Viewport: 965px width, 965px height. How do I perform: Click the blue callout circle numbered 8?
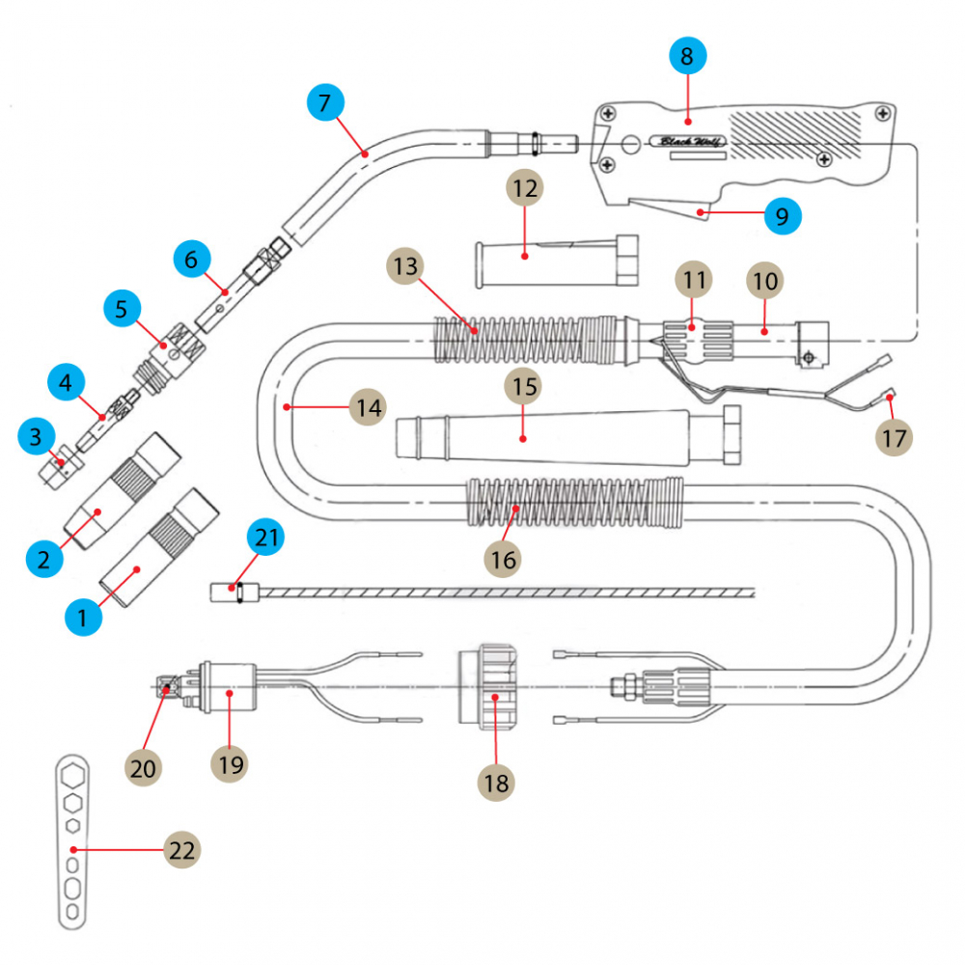pyautogui.click(x=687, y=57)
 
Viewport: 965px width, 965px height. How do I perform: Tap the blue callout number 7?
pyautogui.click(x=325, y=101)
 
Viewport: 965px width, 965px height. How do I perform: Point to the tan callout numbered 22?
pyautogui.click(x=181, y=850)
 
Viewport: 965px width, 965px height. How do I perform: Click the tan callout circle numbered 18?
pyautogui.click(x=496, y=783)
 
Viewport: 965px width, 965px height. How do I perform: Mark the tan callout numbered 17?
pyautogui.click(x=894, y=437)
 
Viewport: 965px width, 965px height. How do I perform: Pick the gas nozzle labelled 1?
pyautogui.click(x=159, y=560)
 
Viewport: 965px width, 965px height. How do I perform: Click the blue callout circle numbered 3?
pyautogui.click(x=37, y=437)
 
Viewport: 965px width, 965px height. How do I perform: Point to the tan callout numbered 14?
pyautogui.click(x=367, y=408)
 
